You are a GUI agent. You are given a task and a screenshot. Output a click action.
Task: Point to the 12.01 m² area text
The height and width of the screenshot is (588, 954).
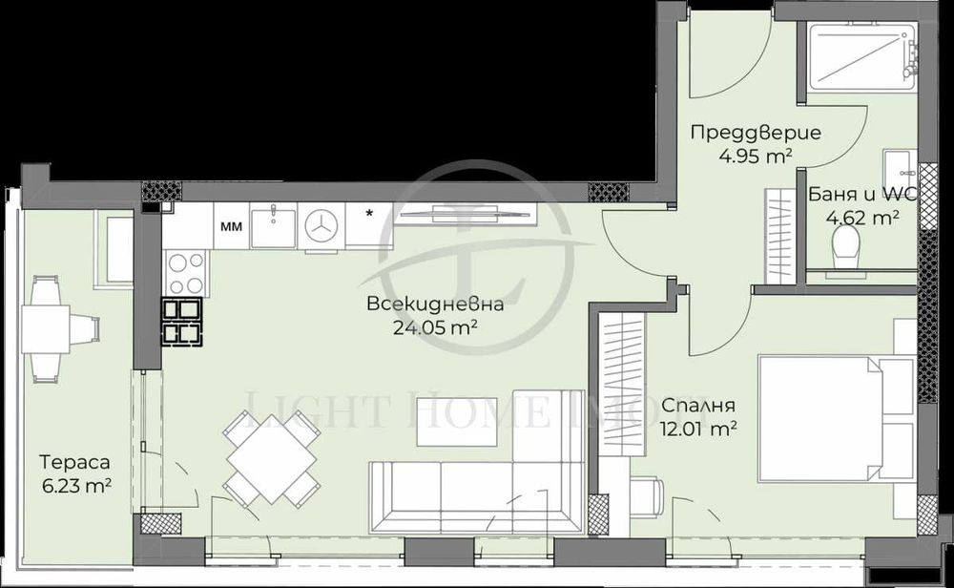coord(697,428)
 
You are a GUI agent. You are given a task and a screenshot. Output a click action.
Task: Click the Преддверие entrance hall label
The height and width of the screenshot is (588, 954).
coord(742,134)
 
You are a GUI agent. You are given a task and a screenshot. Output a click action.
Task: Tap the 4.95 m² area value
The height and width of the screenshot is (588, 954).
coord(742,157)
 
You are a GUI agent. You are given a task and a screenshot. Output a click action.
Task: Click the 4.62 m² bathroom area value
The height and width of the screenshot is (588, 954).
coord(863,218)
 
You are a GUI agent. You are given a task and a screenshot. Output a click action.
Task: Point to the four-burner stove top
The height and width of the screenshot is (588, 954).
coord(183,272)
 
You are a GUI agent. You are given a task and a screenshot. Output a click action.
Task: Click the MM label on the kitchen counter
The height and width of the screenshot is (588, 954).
coord(230,226)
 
